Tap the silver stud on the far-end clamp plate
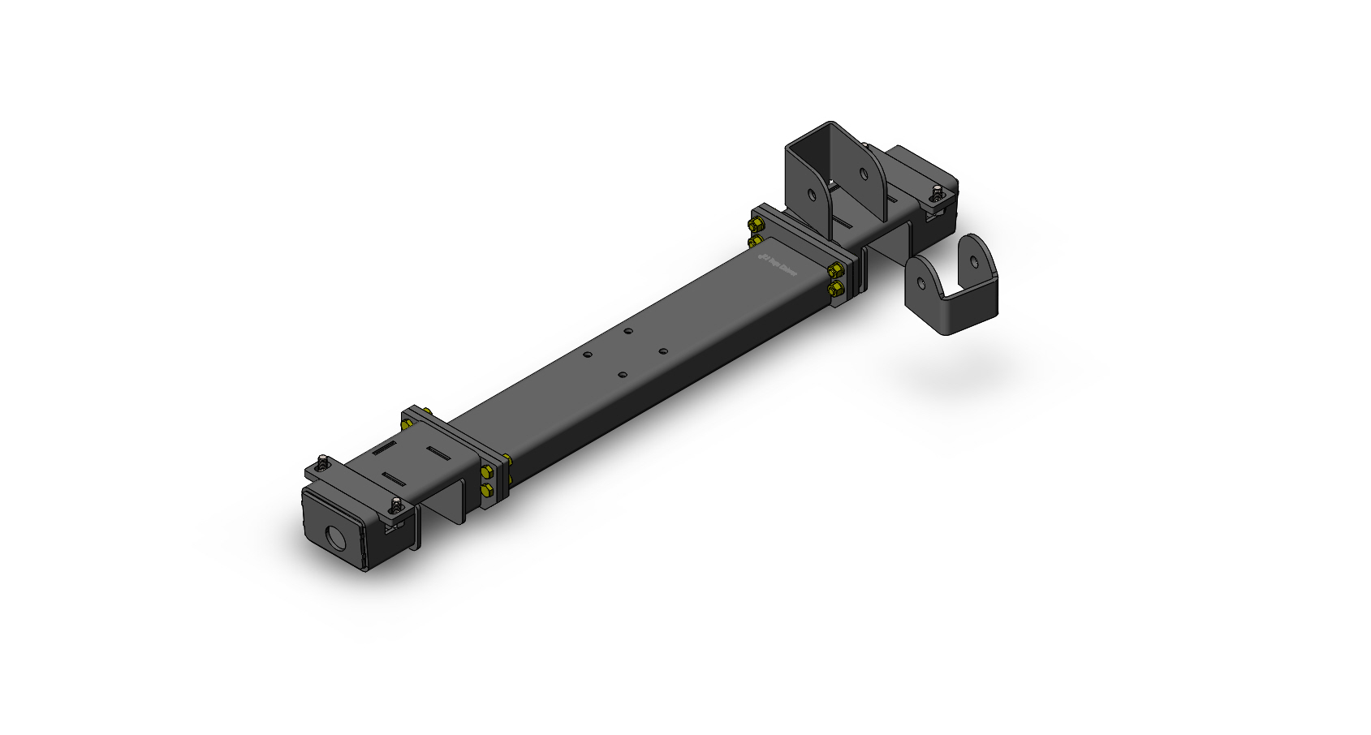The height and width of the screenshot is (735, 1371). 938,194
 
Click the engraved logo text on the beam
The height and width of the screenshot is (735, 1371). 778,265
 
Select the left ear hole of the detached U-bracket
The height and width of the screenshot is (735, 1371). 920,283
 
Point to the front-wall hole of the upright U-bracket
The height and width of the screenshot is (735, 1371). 813,195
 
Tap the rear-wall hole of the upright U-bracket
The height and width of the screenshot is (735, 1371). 861,173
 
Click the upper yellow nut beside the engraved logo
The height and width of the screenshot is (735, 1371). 834,270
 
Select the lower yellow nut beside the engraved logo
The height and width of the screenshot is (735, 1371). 833,288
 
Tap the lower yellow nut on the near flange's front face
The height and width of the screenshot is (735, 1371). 486,490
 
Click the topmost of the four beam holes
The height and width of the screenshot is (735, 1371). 627,331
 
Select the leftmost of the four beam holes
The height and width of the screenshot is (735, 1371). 588,355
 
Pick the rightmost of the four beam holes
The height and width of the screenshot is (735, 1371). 662,351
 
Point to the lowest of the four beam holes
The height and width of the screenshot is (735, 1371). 622,375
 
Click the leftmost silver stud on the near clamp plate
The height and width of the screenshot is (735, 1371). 323,463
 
